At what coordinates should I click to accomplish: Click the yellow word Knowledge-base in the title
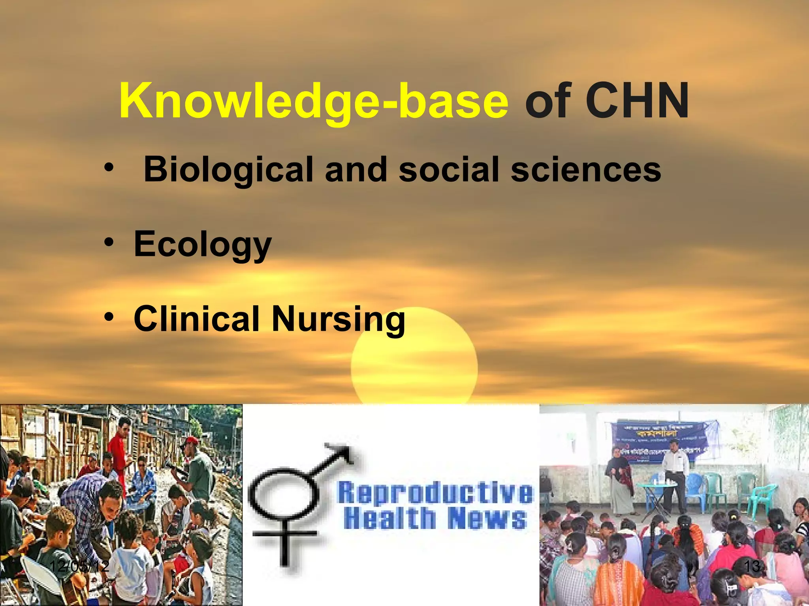(x=314, y=101)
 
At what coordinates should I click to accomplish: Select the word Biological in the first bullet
(x=228, y=170)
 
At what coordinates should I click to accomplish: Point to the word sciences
(x=586, y=170)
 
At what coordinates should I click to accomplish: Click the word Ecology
(x=203, y=244)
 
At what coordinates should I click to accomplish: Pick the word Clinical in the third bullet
(x=196, y=318)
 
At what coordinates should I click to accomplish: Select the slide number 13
(x=753, y=567)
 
